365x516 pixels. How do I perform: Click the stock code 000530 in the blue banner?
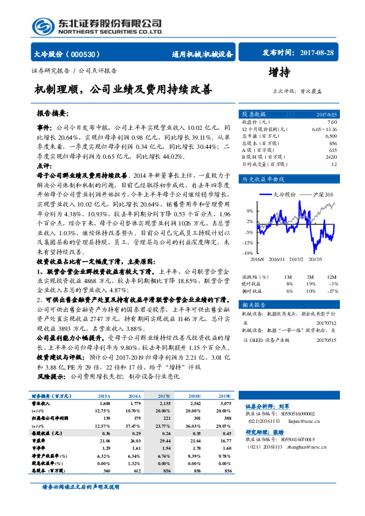click(88, 55)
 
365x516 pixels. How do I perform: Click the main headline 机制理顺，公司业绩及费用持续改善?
click(124, 89)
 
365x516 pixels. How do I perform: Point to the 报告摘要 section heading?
click(53, 114)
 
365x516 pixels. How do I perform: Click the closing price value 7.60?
click(332, 123)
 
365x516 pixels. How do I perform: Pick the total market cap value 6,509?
click(331, 136)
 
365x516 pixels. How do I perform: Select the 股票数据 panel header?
click(254, 115)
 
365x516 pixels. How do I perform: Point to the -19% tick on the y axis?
click(249, 252)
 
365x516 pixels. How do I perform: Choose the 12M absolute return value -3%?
click(334, 283)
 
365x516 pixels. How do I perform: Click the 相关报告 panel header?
click(254, 305)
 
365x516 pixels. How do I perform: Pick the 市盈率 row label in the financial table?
click(41, 440)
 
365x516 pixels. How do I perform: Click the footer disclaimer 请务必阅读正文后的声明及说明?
click(80, 487)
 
